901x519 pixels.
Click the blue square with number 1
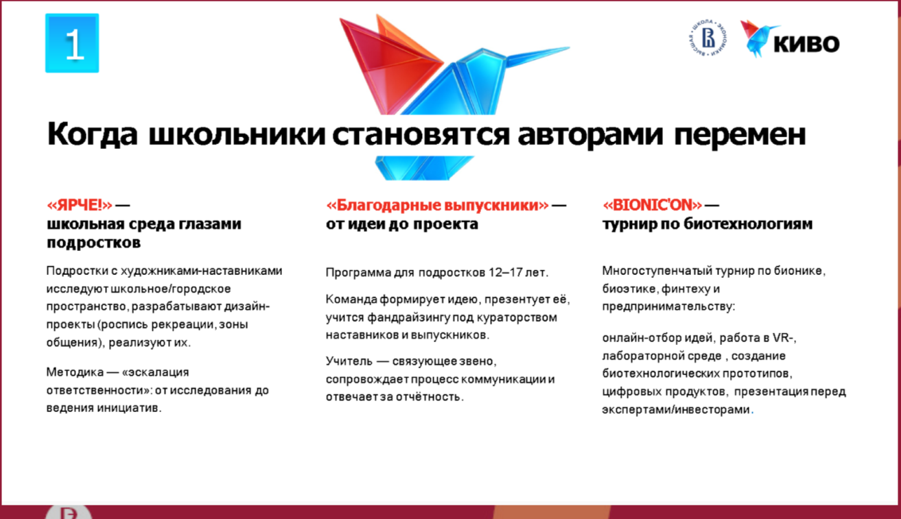point(72,43)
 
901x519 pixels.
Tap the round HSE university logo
point(708,38)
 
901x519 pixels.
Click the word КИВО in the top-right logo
point(806,43)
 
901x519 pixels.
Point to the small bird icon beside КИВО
point(756,38)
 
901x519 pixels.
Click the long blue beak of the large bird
point(537,56)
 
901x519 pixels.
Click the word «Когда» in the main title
point(92,134)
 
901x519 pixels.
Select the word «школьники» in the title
point(237,134)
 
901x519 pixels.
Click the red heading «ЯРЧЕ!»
point(80,205)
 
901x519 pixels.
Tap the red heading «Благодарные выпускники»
point(437,206)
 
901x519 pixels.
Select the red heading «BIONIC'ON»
point(652,205)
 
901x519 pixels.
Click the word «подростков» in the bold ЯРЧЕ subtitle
point(94,243)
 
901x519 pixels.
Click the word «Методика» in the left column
point(75,372)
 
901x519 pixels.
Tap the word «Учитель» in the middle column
point(349,361)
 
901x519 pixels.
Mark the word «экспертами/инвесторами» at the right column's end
point(676,410)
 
